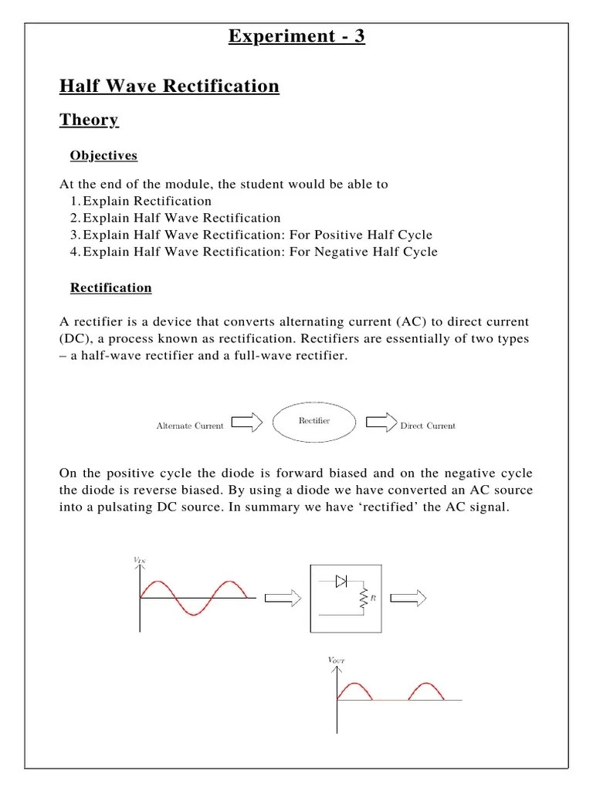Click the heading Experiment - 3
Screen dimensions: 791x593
point(296,36)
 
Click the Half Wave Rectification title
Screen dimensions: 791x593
point(169,86)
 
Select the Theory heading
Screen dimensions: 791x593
point(89,120)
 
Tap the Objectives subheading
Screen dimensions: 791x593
point(103,155)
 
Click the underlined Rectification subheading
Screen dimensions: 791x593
point(110,287)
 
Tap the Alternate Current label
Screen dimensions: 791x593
point(190,426)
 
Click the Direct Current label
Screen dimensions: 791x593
point(428,426)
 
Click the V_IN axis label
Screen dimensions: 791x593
point(139,560)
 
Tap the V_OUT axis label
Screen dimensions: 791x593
point(337,660)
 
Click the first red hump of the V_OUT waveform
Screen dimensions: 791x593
point(354,690)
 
